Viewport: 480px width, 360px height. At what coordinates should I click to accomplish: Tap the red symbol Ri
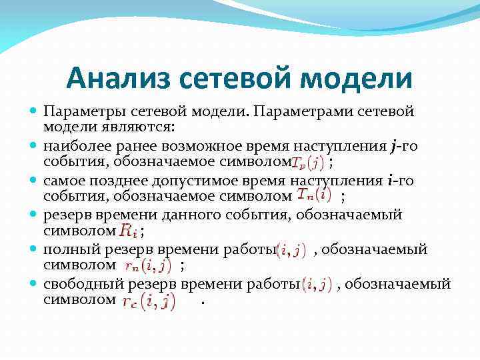click(129, 231)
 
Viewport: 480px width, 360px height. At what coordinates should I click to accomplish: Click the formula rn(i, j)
click(148, 266)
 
